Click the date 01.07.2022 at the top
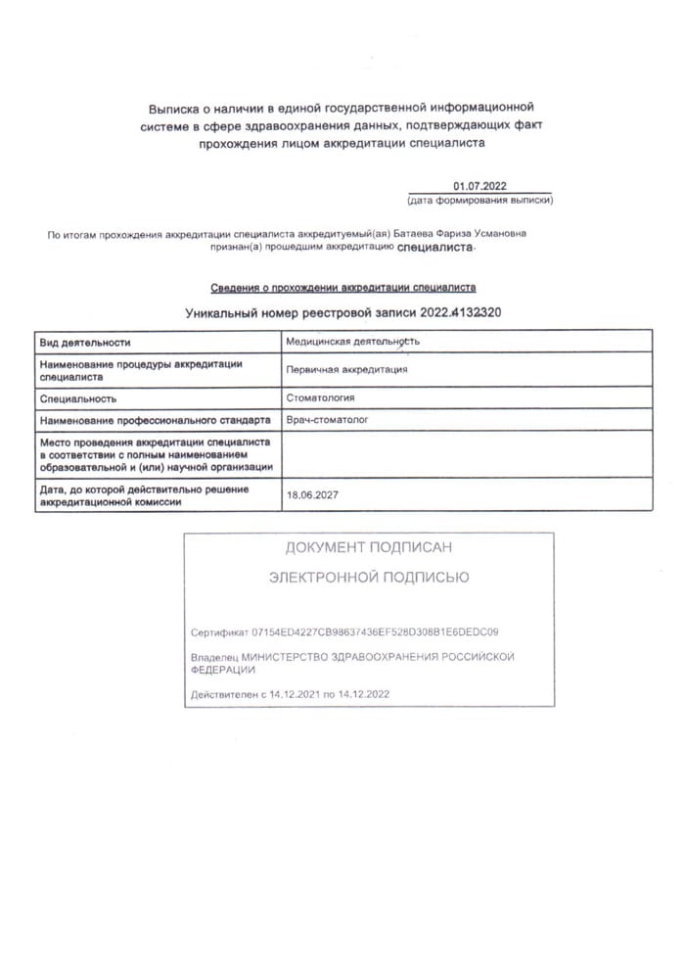[479, 186]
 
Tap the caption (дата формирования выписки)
[479, 200]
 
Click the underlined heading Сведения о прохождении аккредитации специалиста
[343, 288]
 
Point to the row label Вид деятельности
[85, 344]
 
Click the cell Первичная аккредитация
[346, 369]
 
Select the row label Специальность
[78, 398]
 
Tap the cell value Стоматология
[320, 397]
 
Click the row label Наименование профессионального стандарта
[155, 420]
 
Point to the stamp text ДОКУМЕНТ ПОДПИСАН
[369, 547]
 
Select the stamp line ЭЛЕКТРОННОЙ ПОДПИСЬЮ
[369, 578]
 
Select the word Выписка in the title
[174, 106]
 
